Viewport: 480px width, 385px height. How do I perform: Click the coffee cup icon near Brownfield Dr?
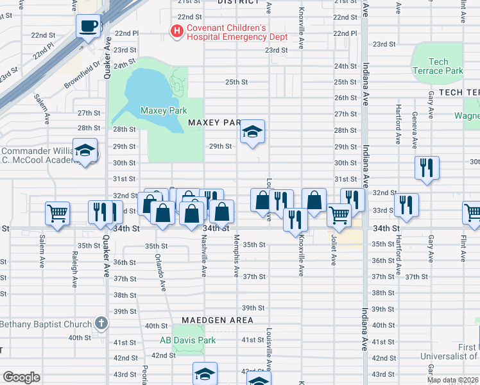(x=89, y=26)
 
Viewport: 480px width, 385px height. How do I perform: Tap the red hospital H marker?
(x=175, y=30)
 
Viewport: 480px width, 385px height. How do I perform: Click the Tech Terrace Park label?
(x=438, y=66)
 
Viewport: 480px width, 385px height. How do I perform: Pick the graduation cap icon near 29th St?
(x=253, y=133)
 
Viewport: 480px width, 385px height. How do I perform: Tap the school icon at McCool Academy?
(x=85, y=151)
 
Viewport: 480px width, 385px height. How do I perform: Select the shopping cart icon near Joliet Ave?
(x=339, y=215)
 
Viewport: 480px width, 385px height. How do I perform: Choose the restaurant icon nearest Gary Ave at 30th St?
(x=427, y=168)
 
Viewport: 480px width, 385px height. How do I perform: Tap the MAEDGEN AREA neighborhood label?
(x=217, y=320)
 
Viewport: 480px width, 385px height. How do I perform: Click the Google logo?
(x=22, y=377)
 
